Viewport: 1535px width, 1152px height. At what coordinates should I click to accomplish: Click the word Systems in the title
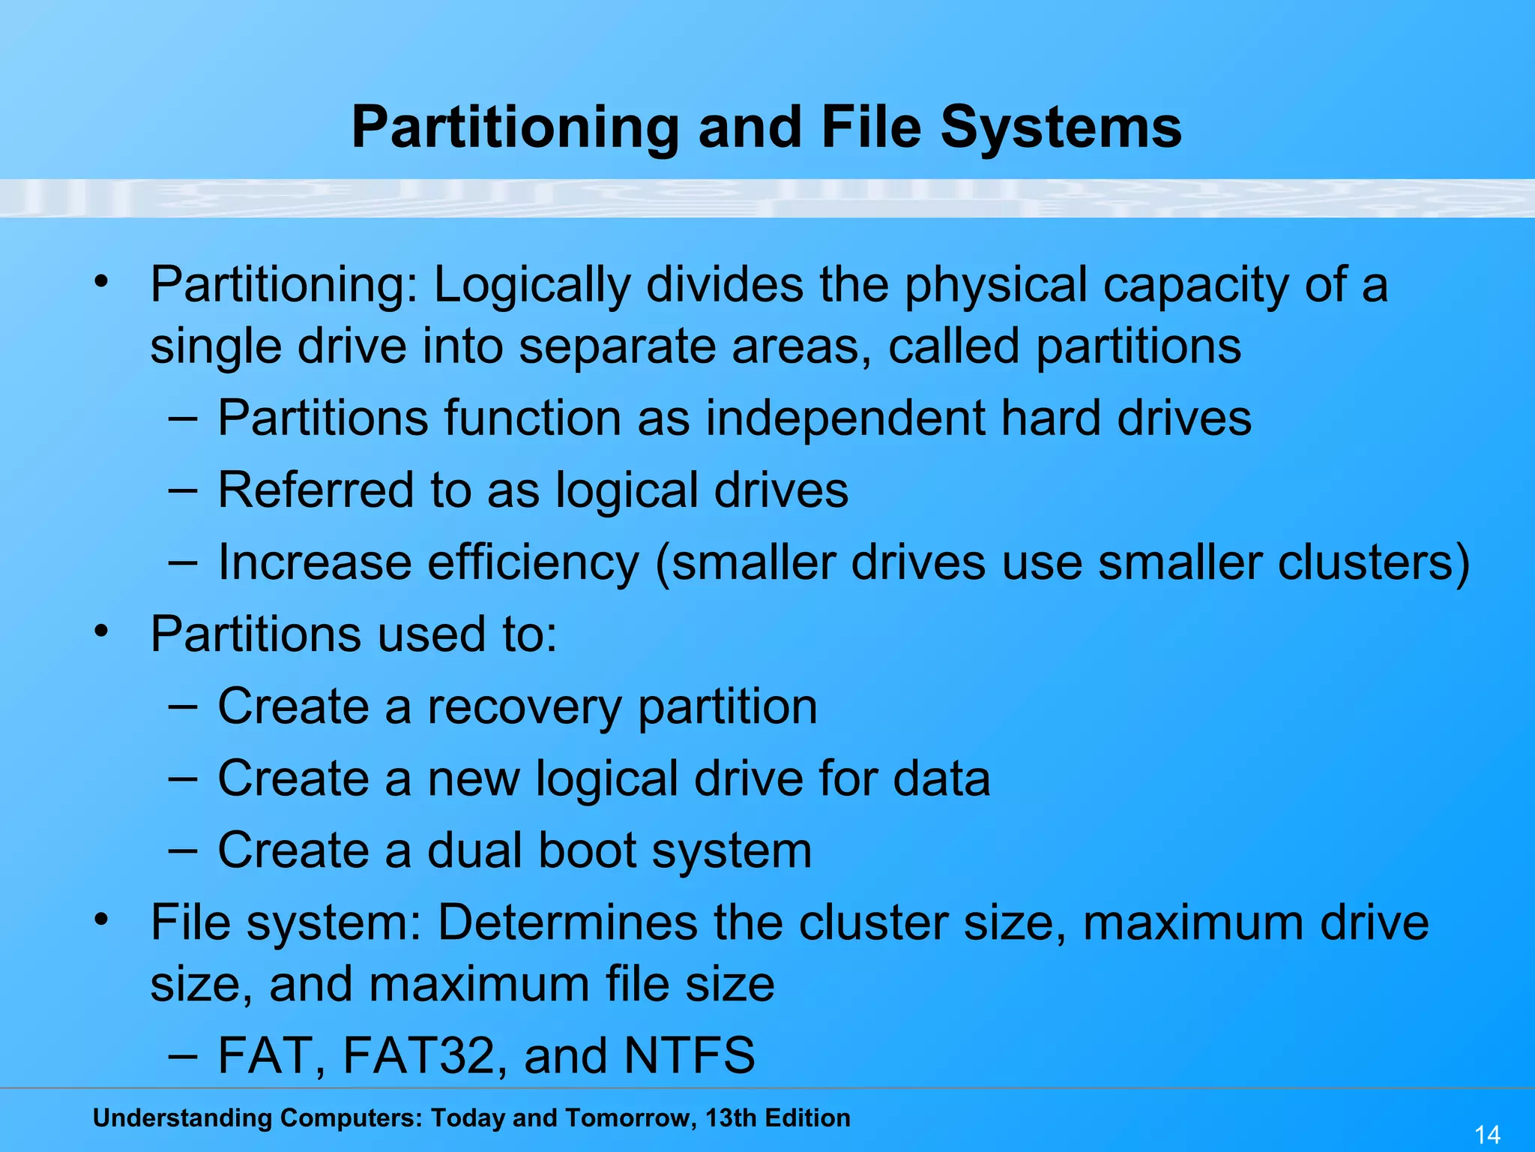1061,127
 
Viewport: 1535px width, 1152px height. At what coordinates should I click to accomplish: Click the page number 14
1487,1134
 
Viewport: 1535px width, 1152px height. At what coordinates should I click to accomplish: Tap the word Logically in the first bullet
531,286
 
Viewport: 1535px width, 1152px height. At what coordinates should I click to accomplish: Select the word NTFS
690,1055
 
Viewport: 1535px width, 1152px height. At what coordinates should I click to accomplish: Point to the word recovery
524,707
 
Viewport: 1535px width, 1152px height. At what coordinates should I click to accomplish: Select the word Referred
316,490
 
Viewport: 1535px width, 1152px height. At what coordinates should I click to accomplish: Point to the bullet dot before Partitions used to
102,629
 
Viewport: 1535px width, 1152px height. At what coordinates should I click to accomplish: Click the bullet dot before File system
102,917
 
